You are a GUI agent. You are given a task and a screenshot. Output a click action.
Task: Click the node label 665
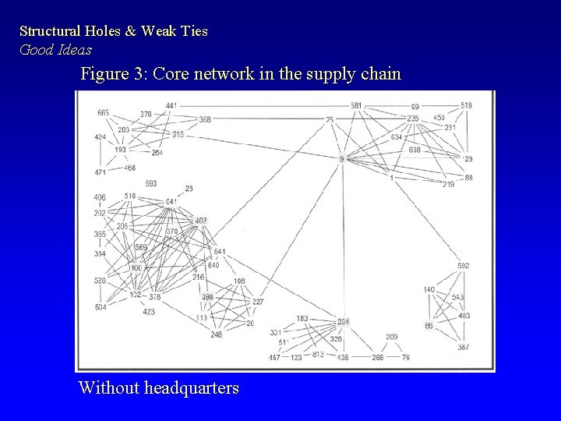pyautogui.click(x=103, y=113)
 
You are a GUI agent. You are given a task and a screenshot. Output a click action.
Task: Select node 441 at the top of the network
pyautogui.click(x=171, y=106)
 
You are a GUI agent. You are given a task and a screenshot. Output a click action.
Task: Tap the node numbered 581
pyautogui.click(x=356, y=106)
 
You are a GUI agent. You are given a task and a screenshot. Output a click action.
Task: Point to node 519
pyautogui.click(x=466, y=106)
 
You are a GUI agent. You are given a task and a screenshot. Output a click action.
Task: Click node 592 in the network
pyautogui.click(x=464, y=267)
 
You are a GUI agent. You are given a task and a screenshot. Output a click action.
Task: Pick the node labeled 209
pyautogui.click(x=391, y=337)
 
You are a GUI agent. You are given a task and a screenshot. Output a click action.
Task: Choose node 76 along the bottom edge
pyautogui.click(x=405, y=357)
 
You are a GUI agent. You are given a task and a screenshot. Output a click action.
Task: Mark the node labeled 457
pyautogui.click(x=274, y=357)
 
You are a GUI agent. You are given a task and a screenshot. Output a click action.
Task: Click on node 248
pyautogui.click(x=216, y=335)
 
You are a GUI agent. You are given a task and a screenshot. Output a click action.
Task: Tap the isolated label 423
pyautogui.click(x=148, y=312)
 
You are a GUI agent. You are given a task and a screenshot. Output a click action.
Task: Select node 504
pyautogui.click(x=101, y=307)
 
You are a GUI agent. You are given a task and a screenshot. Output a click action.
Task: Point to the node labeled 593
pyautogui.click(x=150, y=184)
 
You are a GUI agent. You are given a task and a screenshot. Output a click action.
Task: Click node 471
pyautogui.click(x=101, y=172)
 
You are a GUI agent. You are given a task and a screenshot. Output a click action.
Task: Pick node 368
pyautogui.click(x=205, y=119)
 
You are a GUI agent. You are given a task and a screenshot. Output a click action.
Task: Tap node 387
pyautogui.click(x=464, y=347)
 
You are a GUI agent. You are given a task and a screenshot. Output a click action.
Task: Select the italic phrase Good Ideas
pyautogui.click(x=55, y=49)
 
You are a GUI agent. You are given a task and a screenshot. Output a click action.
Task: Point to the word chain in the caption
pyautogui.click(x=380, y=75)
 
